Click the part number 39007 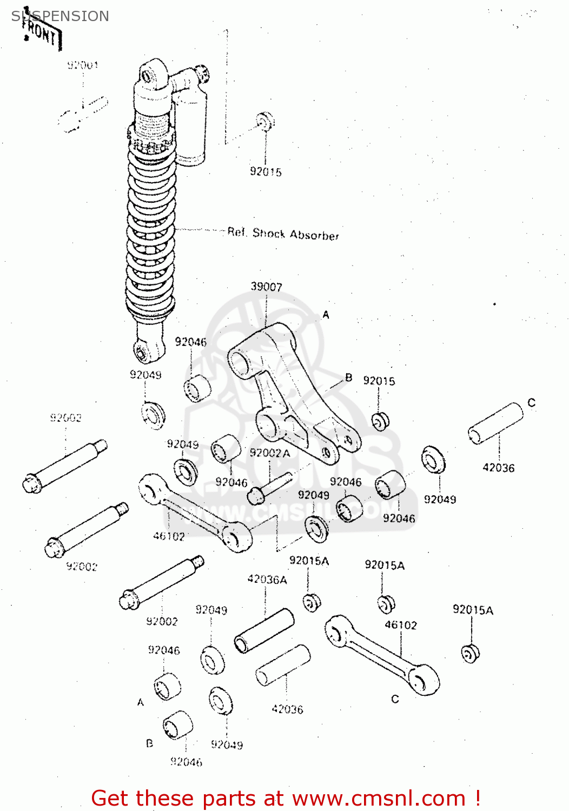click(x=266, y=287)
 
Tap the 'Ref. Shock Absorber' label click(x=283, y=234)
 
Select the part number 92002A click(x=270, y=453)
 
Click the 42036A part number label click(x=267, y=580)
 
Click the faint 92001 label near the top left click(x=83, y=65)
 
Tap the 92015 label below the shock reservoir click(x=266, y=172)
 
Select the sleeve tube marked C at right click(x=495, y=423)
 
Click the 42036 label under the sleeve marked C click(x=498, y=468)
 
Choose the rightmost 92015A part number click(x=473, y=610)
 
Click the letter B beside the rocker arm click(x=349, y=377)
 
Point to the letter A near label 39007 click(x=326, y=315)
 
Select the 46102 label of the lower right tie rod click(x=401, y=625)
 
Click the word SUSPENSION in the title click(x=60, y=16)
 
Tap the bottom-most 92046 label click(x=186, y=762)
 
